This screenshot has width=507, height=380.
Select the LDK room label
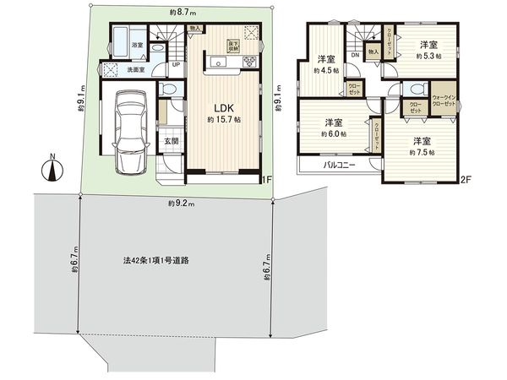point(223,108)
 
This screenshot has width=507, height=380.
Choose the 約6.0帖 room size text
point(331,133)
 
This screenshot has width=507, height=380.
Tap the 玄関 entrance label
point(170,141)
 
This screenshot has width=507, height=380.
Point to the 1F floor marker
point(265,179)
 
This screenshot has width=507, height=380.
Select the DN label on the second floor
point(355,56)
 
